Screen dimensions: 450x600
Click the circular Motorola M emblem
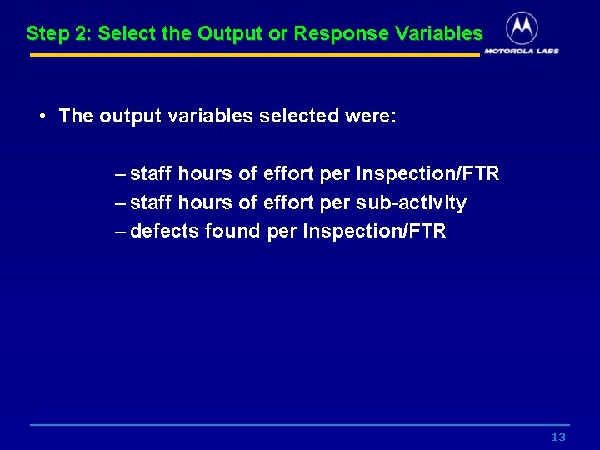coord(522,28)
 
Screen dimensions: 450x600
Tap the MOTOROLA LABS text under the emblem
coord(522,51)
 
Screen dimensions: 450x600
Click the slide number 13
coord(558,437)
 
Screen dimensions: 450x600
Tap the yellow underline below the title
coord(254,55)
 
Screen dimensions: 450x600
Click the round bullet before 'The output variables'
coord(42,116)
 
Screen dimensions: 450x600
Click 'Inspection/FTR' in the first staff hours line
coord(427,173)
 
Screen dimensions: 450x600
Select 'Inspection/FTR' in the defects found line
coord(374,231)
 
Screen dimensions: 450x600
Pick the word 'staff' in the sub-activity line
coord(152,202)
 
